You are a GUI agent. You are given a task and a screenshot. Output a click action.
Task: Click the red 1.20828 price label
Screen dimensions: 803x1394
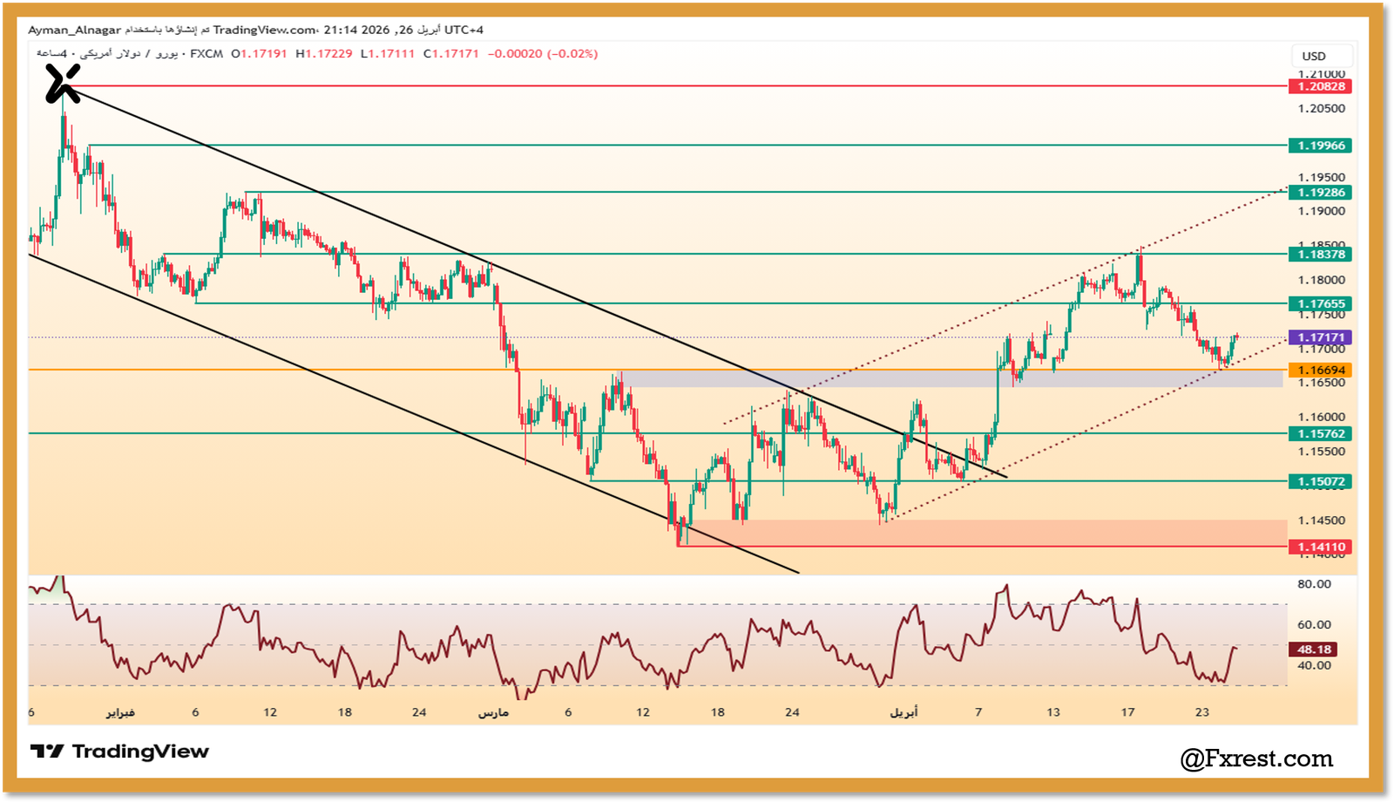pyautogui.click(x=1320, y=86)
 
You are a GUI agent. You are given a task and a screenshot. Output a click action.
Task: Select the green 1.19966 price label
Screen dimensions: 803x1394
pyautogui.click(x=1320, y=146)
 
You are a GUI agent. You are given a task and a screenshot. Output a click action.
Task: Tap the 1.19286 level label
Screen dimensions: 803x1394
pyautogui.click(x=1320, y=193)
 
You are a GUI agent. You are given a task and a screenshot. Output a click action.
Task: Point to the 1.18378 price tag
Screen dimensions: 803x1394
pyautogui.click(x=1320, y=255)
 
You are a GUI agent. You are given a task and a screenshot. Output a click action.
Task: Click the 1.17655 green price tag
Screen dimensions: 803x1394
pyautogui.click(x=1320, y=304)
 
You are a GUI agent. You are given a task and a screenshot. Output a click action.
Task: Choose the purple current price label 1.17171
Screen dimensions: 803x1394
pyautogui.click(x=1320, y=337)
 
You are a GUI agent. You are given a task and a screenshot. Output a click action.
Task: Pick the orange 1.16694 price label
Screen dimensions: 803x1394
pyautogui.click(x=1320, y=371)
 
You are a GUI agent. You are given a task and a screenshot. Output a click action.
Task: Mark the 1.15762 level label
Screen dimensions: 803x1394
pyautogui.click(x=1320, y=434)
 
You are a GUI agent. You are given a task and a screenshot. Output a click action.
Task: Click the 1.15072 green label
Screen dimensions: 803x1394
pyautogui.click(x=1320, y=481)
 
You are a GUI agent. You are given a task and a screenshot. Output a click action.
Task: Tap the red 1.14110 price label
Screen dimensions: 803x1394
pyautogui.click(x=1320, y=548)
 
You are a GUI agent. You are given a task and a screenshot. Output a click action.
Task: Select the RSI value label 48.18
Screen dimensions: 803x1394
pyautogui.click(x=1313, y=650)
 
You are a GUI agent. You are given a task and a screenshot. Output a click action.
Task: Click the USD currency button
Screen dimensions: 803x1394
pyautogui.click(x=1314, y=56)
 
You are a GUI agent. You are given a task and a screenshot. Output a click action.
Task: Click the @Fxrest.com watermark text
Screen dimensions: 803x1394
pyautogui.click(x=1256, y=759)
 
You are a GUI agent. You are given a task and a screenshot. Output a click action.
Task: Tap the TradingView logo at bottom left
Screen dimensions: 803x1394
pyautogui.click(x=120, y=752)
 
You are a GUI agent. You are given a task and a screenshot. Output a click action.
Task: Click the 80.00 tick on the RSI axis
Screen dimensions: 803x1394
pyautogui.click(x=1313, y=584)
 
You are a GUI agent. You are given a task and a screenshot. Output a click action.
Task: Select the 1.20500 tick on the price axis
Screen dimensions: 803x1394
pyautogui.click(x=1321, y=109)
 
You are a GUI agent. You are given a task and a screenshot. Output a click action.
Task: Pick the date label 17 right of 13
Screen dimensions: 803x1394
pyautogui.click(x=1127, y=712)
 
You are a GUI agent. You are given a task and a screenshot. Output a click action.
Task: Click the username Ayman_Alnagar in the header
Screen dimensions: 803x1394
pyautogui.click(x=74, y=30)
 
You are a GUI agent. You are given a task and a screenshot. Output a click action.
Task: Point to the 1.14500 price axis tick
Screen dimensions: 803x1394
pyautogui.click(x=1321, y=521)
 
